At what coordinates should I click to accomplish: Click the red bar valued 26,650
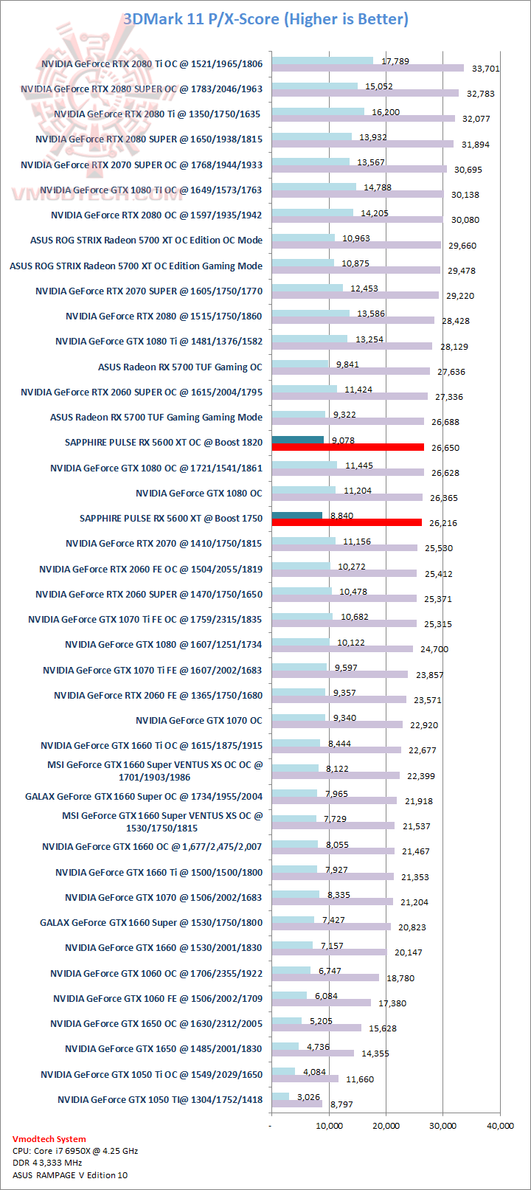[347, 447]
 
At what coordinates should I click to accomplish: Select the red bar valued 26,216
[347, 522]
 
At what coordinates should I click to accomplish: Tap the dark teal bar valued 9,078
[297, 440]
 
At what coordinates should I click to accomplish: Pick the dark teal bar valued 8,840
[296, 516]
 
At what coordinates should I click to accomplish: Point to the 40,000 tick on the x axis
[500, 1125]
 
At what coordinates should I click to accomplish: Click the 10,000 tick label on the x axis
[329, 1125]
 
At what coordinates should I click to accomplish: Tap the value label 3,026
[310, 1097]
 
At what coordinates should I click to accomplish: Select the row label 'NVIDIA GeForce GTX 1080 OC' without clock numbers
[199, 493]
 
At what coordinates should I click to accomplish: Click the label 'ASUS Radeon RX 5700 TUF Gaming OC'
[180, 367]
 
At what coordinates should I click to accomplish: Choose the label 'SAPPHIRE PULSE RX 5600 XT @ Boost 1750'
[171, 518]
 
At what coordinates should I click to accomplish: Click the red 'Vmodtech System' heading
[49, 1139]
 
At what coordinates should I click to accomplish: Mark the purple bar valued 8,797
[296, 1104]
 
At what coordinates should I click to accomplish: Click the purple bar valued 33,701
[367, 69]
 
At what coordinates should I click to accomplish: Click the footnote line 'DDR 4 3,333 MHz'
[47, 1163]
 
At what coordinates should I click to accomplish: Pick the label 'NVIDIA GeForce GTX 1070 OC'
[199, 720]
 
